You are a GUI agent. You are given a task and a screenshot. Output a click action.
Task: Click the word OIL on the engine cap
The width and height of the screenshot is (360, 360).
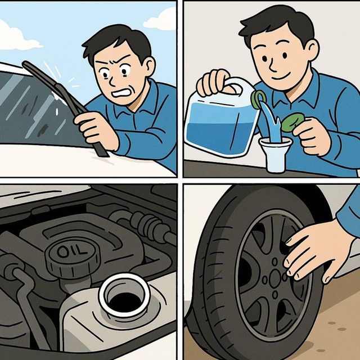pos(72,250)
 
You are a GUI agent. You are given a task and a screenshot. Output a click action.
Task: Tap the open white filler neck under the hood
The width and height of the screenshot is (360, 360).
pos(124,295)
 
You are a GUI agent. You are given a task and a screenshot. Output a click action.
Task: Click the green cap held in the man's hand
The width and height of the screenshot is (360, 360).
pos(293,122)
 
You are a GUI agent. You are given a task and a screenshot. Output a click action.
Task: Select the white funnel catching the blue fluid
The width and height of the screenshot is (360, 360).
pos(275,154)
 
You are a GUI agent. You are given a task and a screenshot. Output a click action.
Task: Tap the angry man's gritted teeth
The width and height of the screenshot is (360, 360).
pos(120,93)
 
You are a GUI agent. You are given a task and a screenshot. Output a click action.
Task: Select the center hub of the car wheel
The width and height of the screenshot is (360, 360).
pos(274,278)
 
